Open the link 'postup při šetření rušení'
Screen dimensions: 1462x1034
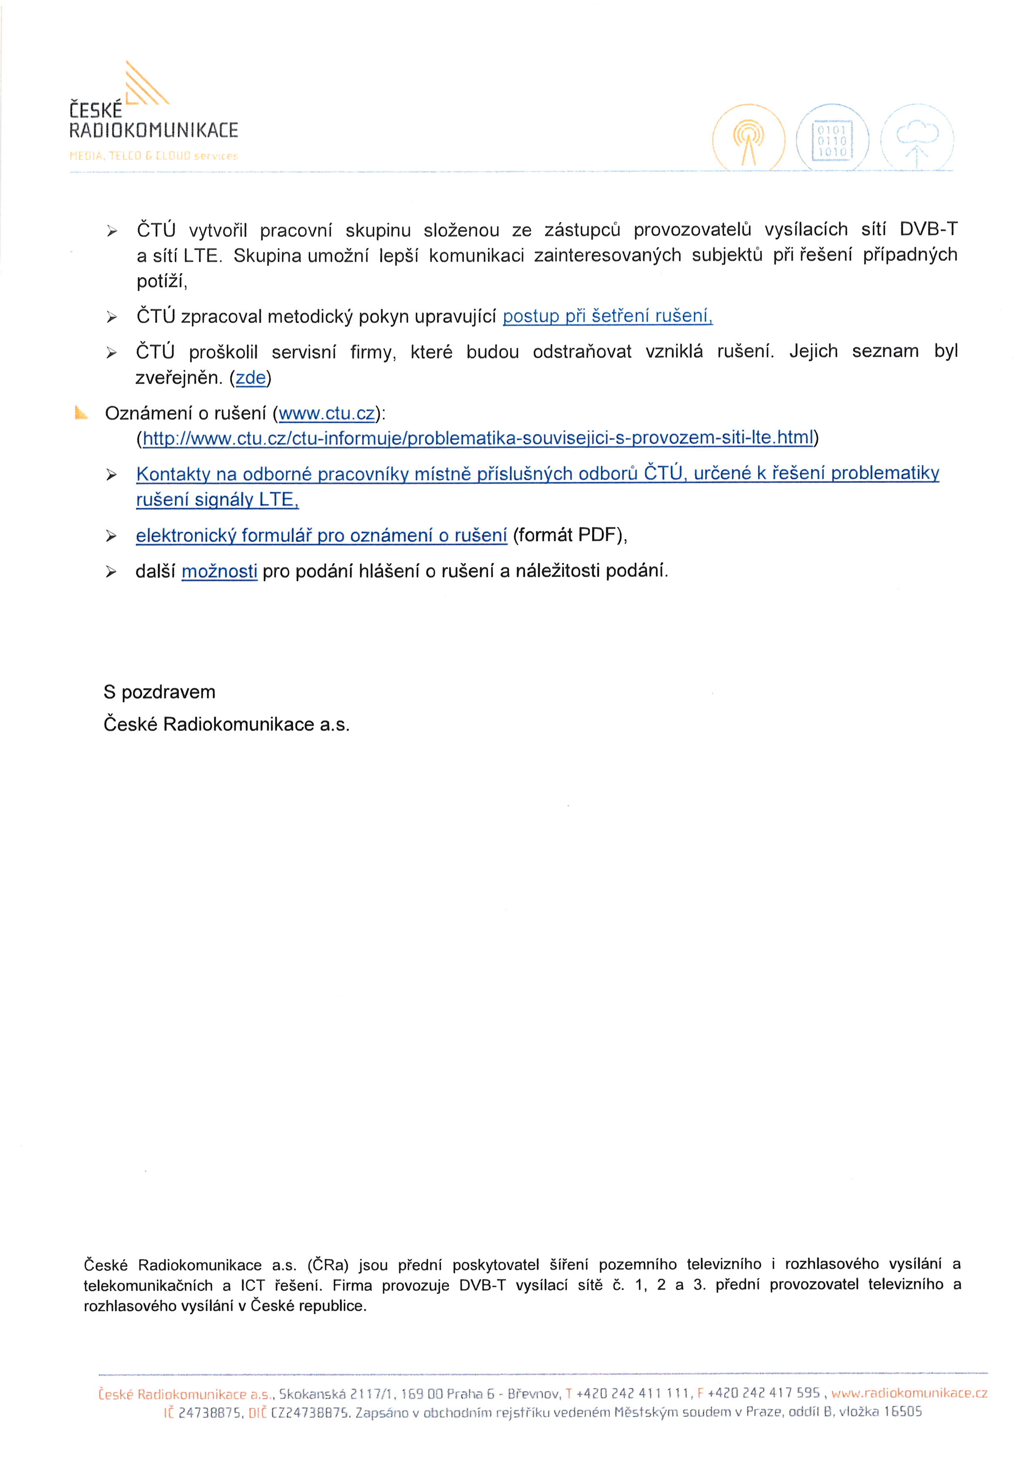pos(607,316)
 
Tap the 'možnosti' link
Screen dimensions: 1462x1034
pos(220,571)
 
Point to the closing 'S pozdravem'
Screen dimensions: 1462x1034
pos(160,692)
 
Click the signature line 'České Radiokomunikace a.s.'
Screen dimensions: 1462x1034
pos(227,724)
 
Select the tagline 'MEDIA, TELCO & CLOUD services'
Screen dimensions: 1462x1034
pos(153,155)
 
